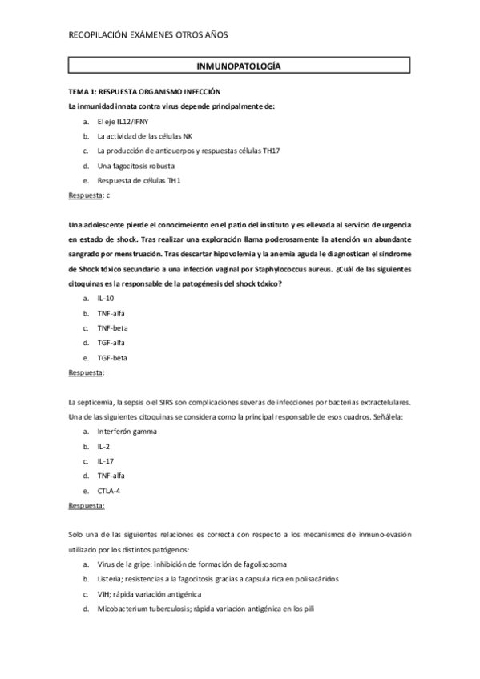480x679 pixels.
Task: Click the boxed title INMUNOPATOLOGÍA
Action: click(238, 67)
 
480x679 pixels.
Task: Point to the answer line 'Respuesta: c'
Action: click(89, 195)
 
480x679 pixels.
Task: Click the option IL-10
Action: click(105, 298)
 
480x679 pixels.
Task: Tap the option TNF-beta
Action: click(111, 327)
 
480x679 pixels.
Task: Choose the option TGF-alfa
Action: click(111, 343)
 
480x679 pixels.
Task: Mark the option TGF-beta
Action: click(111, 358)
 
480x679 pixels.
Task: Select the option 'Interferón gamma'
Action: click(127, 432)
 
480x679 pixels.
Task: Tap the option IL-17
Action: click(105, 461)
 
